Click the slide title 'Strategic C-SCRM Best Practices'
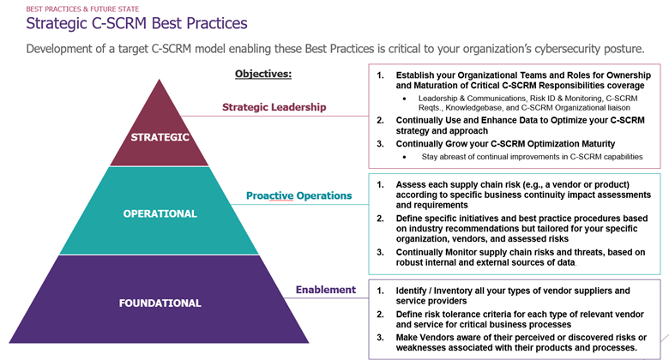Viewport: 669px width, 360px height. click(x=136, y=23)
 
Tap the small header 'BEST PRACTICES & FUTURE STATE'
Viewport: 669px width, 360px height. click(x=82, y=9)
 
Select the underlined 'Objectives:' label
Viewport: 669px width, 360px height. click(x=263, y=74)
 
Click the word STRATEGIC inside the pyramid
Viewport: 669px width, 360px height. click(x=160, y=137)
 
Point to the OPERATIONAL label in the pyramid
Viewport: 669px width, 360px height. click(x=160, y=213)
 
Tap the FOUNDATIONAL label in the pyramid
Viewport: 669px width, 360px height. click(x=160, y=303)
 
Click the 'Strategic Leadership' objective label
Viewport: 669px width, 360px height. click(x=274, y=107)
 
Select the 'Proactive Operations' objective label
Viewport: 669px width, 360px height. click(x=298, y=195)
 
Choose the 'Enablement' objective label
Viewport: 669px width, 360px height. click(x=326, y=290)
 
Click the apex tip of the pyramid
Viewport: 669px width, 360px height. click(x=160, y=80)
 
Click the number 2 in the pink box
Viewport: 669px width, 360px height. click(x=380, y=121)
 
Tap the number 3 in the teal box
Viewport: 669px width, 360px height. click(x=380, y=253)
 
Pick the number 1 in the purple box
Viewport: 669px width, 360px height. click(x=380, y=291)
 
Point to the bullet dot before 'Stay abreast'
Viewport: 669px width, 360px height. click(x=405, y=157)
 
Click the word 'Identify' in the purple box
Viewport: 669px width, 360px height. click(x=411, y=291)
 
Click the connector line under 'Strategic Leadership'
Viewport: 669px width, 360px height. click(x=274, y=116)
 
